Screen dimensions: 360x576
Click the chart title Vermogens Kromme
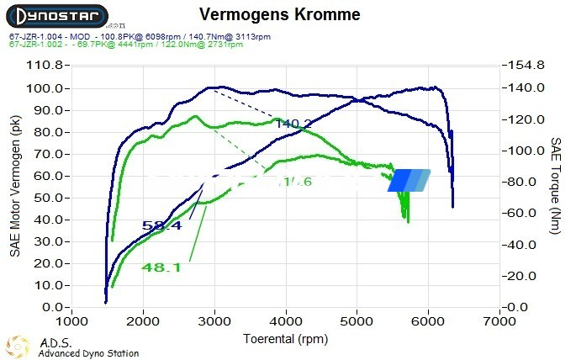point(280,15)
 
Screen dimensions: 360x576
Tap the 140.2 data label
point(293,124)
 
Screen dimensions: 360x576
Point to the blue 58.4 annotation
point(161,225)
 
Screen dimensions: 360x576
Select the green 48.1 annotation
point(161,267)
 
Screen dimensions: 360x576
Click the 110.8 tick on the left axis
point(45,66)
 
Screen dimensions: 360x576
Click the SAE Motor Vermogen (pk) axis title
point(15,186)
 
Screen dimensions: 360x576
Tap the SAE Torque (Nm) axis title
point(556,187)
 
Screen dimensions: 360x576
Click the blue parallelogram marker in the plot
point(409,180)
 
